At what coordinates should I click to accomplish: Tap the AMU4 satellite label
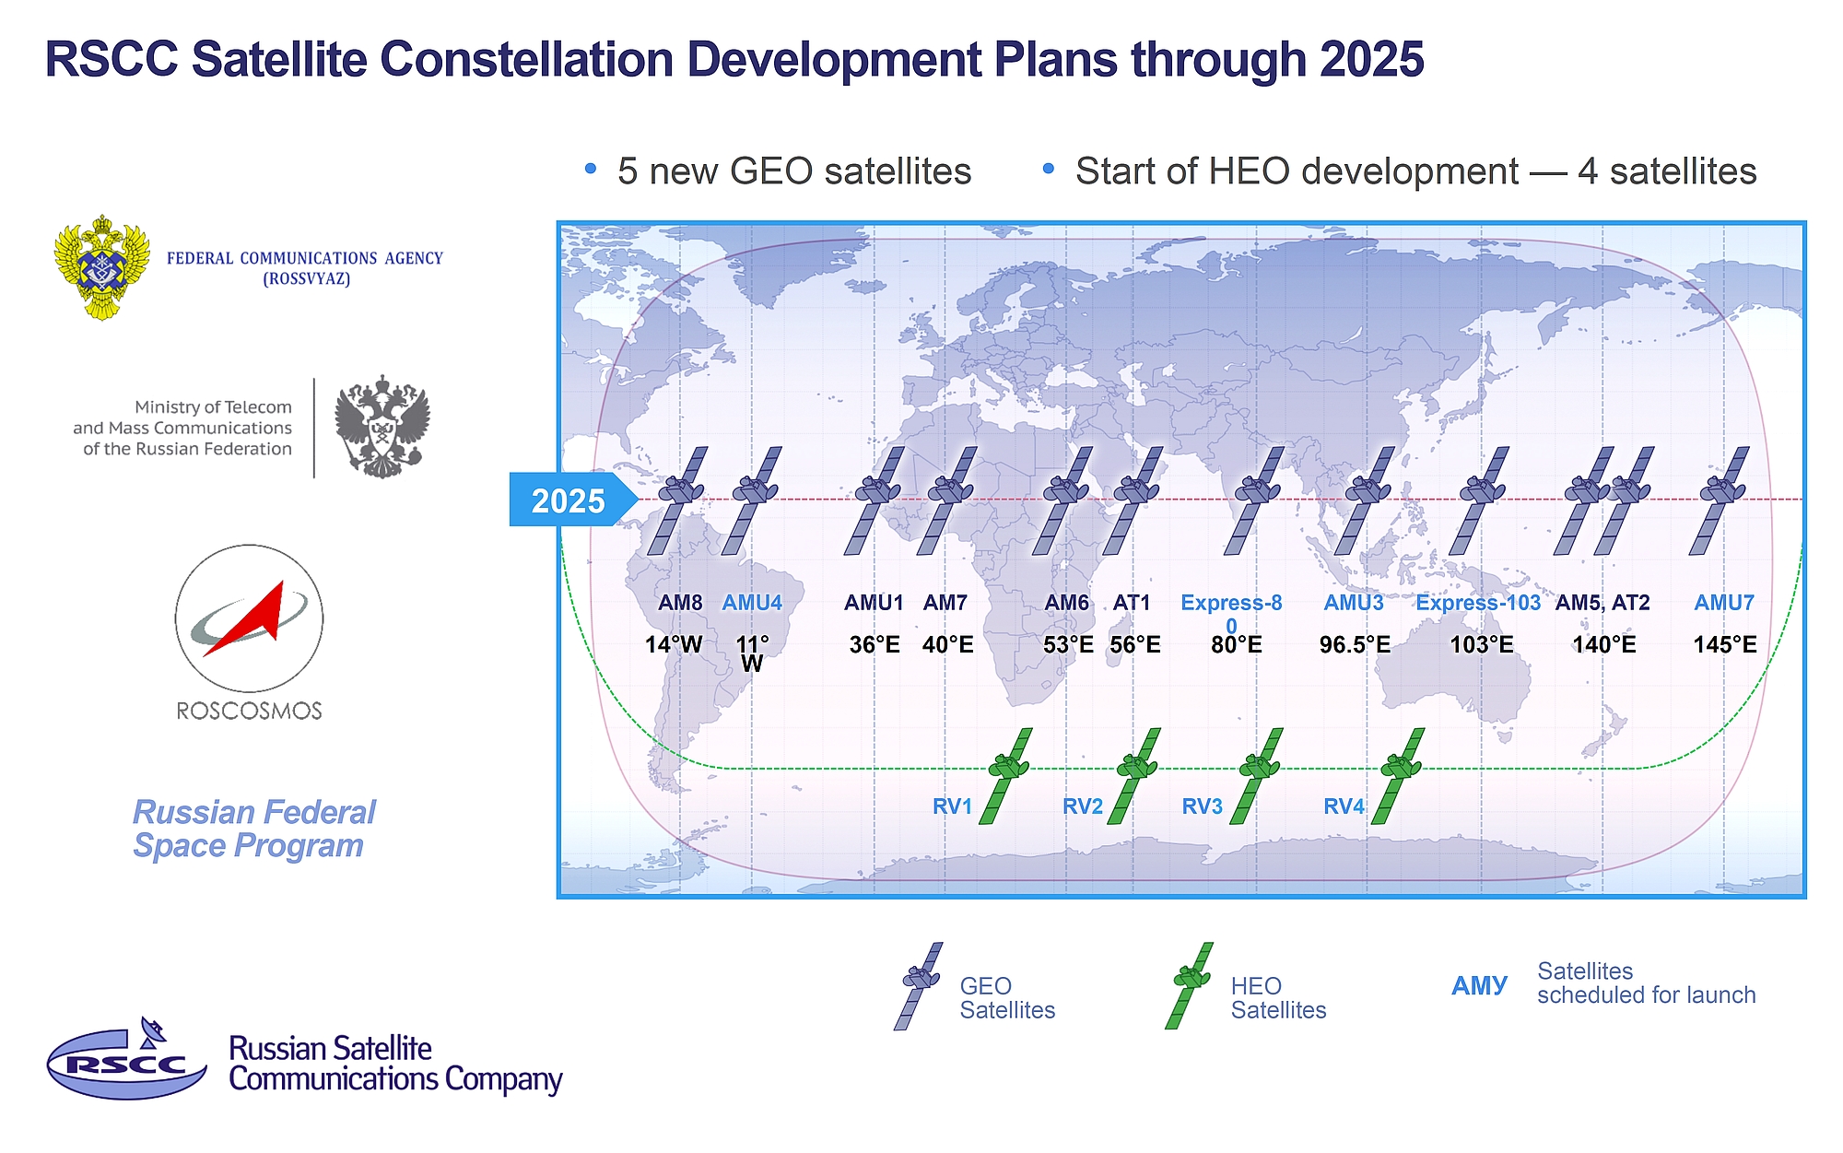(x=752, y=603)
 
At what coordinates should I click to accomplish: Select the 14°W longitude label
(x=674, y=644)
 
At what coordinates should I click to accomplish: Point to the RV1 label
(x=953, y=806)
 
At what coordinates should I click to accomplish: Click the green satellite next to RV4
(x=1399, y=775)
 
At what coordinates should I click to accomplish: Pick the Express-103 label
(x=1478, y=603)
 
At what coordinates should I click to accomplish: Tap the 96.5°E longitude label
(x=1355, y=644)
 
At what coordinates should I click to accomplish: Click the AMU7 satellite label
(x=1724, y=603)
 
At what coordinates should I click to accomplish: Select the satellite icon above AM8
(x=678, y=500)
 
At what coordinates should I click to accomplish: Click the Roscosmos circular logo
(x=249, y=618)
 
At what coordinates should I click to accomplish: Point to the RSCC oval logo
(x=126, y=1060)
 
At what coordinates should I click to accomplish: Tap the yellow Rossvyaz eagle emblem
(x=101, y=267)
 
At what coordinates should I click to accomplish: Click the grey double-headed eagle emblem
(x=382, y=426)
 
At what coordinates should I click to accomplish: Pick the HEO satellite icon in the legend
(x=1190, y=985)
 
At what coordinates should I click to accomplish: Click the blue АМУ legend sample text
(x=1479, y=985)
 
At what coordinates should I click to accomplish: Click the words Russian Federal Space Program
(x=254, y=829)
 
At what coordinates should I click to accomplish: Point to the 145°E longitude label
(x=1724, y=644)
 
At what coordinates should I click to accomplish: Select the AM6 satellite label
(x=1066, y=603)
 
